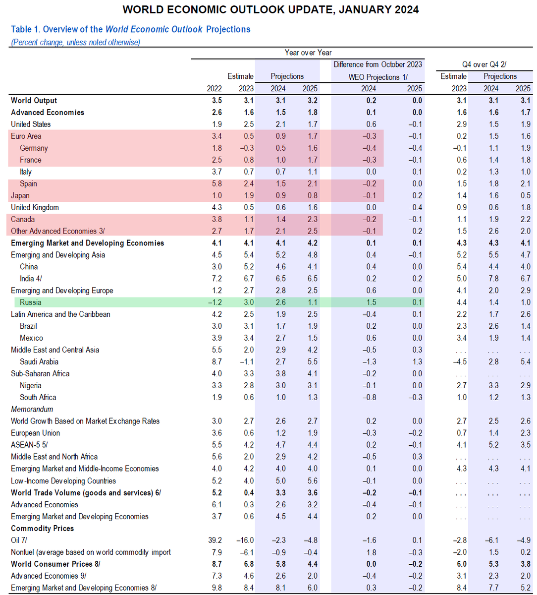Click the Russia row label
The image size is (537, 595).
31,302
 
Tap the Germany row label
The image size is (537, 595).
34,148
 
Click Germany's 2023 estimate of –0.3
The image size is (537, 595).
246,148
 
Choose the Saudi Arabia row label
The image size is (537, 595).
39,362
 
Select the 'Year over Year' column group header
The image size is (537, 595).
308,53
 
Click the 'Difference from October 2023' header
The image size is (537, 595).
377,64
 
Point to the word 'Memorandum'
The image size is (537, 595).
32,409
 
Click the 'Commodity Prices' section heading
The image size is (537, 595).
42,528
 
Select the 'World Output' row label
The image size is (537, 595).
34,100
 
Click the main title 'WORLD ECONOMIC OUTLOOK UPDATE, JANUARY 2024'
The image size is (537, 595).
270,10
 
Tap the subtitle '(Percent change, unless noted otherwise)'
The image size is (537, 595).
75,42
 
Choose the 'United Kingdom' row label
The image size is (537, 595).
35,207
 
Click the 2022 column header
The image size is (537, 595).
214,88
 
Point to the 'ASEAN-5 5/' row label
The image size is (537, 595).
29,445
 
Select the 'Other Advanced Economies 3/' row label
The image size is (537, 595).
57,231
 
